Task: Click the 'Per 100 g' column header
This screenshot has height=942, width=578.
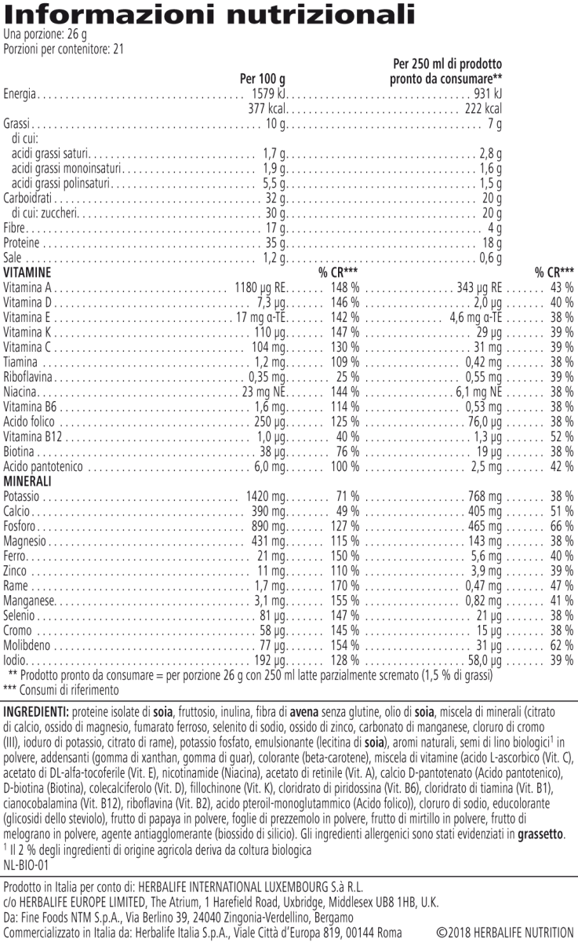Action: coord(261,79)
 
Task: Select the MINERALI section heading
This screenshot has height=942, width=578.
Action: coord(27,480)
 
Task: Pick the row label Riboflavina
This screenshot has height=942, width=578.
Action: coord(29,376)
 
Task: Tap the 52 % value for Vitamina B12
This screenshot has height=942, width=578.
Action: coord(561,436)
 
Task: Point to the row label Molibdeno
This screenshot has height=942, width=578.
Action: coord(28,644)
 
